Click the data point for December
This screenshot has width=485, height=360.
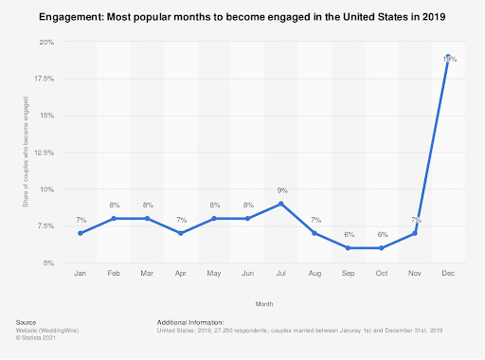[447, 58]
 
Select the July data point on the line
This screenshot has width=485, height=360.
[280, 204]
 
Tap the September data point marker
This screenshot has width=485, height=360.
[348, 248]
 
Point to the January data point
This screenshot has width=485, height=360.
[80, 233]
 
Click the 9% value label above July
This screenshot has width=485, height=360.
[280, 191]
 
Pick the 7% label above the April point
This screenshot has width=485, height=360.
[180, 221]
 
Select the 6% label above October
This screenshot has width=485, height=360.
[381, 235]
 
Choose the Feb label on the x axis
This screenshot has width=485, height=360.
[114, 273]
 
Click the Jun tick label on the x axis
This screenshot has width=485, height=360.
[247, 273]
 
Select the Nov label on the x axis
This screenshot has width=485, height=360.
[414, 273]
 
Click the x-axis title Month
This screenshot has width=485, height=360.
[263, 304]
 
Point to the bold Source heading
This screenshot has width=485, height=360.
[27, 322]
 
